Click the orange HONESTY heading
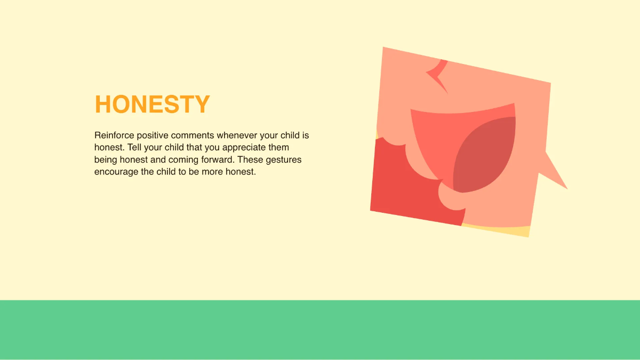[152, 105]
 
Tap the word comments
[194, 135]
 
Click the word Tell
[135, 148]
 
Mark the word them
[278, 148]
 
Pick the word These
[250, 160]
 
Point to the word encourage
[116, 172]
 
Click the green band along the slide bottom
[320, 330]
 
